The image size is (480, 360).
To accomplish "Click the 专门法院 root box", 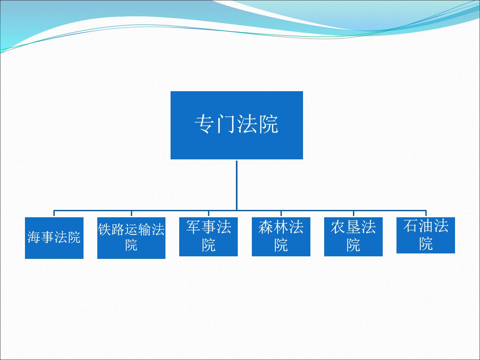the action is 236,125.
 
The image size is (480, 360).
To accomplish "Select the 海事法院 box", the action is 54,238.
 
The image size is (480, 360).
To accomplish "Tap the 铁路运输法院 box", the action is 131,238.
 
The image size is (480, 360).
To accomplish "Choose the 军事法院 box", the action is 208,237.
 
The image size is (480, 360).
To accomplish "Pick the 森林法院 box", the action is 281,237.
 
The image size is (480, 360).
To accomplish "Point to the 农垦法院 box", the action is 353,237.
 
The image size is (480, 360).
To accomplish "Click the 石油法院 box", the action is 426,236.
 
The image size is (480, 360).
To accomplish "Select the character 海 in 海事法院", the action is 34,237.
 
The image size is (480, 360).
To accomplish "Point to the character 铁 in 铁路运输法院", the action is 104,229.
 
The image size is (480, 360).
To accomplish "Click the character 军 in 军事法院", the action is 194,227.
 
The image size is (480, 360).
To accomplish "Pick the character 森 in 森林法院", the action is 266,227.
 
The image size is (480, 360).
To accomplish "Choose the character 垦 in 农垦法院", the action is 353,227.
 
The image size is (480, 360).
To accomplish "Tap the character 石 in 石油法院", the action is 411,226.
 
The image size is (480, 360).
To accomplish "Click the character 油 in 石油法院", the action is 426,226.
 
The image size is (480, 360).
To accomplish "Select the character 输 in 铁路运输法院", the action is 145,229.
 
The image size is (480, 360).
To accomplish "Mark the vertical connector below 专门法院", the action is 236,186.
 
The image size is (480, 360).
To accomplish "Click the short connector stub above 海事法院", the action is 54,213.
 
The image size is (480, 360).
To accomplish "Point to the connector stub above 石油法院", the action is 426,213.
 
